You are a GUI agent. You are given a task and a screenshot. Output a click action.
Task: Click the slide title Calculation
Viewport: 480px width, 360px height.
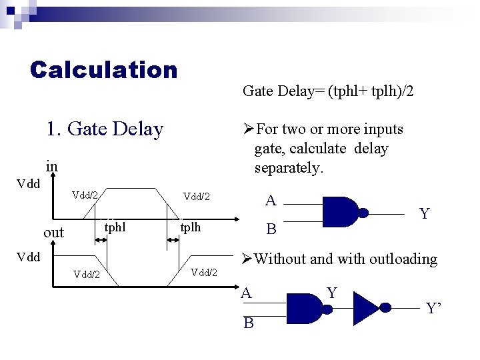tap(104, 69)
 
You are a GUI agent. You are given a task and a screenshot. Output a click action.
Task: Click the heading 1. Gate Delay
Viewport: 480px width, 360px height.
tap(105, 129)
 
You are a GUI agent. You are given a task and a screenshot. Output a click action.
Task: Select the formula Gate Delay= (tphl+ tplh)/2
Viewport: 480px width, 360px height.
tap(328, 90)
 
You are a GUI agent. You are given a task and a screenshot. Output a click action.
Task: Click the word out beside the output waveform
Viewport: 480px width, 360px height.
tap(53, 233)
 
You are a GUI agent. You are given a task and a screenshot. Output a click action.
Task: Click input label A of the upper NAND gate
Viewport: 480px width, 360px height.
tap(270, 201)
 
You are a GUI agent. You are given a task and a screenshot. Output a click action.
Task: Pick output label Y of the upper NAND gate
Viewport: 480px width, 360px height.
tap(424, 214)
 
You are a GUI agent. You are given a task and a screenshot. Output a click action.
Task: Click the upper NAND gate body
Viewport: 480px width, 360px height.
tap(342, 213)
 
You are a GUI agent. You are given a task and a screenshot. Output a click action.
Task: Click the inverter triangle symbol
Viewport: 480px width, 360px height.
tap(365, 308)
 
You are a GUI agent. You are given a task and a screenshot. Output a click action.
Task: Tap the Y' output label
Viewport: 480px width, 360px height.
tap(434, 308)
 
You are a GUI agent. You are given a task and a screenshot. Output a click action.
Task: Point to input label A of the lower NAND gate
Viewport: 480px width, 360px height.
tap(247, 293)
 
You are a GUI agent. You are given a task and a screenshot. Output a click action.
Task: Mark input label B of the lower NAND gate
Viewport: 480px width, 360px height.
tap(249, 323)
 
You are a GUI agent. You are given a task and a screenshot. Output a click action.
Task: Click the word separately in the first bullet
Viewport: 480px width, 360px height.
tap(289, 167)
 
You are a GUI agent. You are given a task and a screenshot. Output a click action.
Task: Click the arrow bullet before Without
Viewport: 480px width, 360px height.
tap(247, 259)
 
